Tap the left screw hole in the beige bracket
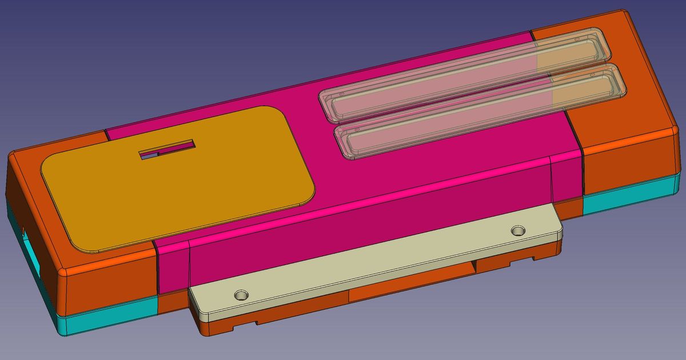tap(242, 295)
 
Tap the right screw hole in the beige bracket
tap(518, 231)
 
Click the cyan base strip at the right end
tap(629, 198)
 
